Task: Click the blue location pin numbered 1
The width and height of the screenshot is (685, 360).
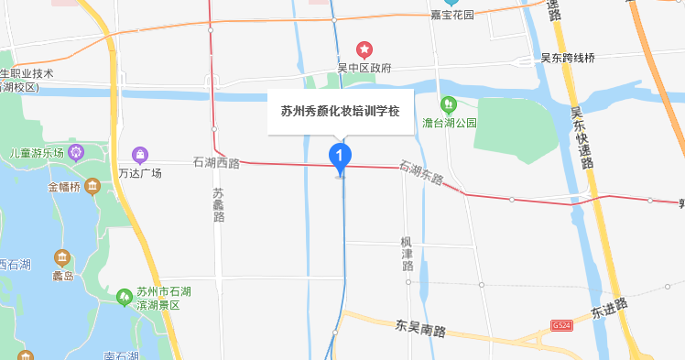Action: (x=340, y=157)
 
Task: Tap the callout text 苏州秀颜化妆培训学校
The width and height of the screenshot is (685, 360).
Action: (x=340, y=112)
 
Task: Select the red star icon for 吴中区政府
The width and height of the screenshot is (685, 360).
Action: (x=364, y=48)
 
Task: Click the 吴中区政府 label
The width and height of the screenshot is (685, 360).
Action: (x=364, y=68)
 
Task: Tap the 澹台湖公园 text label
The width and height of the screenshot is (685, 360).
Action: (x=449, y=122)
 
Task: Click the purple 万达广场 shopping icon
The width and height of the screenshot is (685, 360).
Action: (x=139, y=153)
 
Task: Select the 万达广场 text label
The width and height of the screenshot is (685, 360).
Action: (x=139, y=172)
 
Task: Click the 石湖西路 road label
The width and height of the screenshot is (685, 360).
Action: (x=216, y=163)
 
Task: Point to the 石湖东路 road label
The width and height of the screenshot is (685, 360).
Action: (x=421, y=171)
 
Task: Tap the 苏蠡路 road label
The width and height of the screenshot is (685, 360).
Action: (x=218, y=205)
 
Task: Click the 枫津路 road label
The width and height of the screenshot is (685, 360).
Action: (x=408, y=253)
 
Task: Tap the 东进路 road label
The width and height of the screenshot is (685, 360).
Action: (x=609, y=308)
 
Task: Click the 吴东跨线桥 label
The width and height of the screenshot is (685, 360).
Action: (x=568, y=59)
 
